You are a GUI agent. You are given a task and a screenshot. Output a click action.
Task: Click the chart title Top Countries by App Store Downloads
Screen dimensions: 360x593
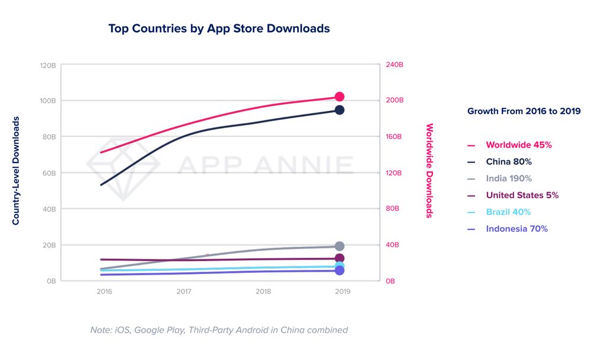219,28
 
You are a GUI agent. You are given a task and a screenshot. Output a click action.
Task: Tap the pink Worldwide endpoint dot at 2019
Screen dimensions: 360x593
340,97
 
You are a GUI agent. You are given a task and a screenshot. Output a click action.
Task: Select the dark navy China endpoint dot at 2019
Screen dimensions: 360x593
339,110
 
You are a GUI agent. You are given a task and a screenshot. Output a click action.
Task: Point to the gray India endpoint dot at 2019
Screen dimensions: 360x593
339,246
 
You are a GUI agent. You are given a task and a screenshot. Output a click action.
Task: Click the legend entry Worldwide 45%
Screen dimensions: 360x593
518,145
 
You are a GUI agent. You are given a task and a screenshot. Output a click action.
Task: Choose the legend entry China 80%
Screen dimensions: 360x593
508,161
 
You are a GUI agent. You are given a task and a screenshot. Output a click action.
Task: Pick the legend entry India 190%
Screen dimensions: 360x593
508,179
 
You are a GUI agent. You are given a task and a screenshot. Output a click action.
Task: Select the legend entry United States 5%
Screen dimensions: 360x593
522,195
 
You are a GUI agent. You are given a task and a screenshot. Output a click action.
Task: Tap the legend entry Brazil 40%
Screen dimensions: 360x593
508,212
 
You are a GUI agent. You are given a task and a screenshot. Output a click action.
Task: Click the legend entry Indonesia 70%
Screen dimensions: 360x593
517,228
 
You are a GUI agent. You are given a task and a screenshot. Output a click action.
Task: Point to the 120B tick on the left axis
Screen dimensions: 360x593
47,65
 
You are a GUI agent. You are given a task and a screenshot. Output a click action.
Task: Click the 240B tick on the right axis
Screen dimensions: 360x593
395,65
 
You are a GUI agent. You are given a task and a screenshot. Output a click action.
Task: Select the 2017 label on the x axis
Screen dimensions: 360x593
184,292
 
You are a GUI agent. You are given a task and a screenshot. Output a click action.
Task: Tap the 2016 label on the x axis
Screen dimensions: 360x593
104,292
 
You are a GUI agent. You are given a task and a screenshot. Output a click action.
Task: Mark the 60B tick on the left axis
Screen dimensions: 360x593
49,173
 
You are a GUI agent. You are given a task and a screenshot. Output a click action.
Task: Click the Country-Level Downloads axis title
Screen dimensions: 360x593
16,171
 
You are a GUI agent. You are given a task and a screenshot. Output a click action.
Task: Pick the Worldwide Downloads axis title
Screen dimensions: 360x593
430,171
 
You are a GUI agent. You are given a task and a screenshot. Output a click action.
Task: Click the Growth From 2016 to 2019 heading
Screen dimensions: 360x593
524,111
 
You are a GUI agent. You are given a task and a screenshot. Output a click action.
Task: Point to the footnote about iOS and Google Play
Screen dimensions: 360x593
219,330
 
